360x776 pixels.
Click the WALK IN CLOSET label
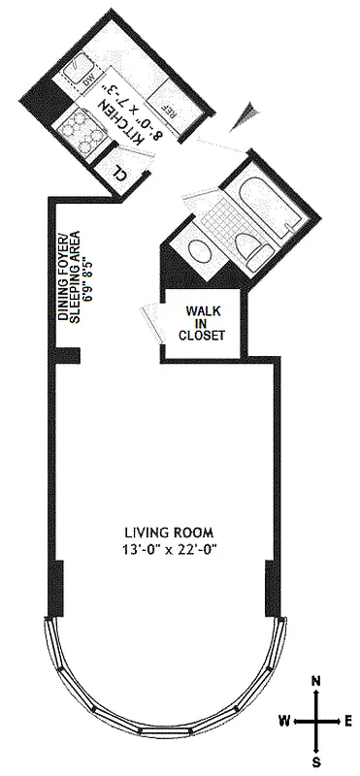coord(205,324)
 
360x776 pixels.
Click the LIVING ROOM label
coord(168,533)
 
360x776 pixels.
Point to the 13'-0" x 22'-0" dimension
coord(168,550)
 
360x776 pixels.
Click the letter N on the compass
coord(316,682)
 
